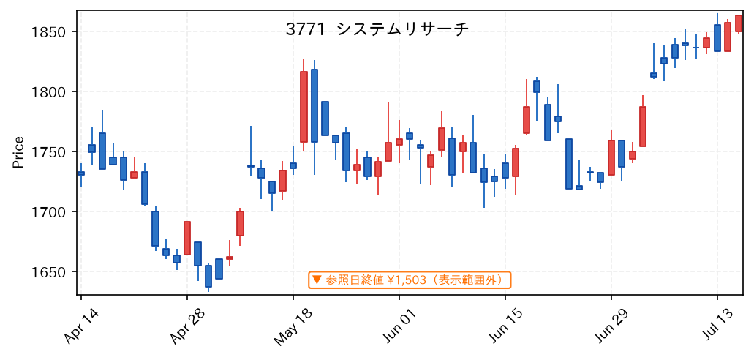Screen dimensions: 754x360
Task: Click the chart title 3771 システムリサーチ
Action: pos(377,30)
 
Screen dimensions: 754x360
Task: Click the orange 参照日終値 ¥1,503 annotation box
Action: pos(410,280)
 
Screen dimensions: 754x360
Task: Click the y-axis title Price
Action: pos(18,152)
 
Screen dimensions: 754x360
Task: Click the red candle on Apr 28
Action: pos(187,239)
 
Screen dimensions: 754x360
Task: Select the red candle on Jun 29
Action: pos(611,157)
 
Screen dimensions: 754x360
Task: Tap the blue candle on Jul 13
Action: pos(717,38)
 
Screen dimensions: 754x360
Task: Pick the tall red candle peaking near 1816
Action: pos(304,107)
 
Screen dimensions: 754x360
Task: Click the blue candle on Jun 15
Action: pos(505,170)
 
